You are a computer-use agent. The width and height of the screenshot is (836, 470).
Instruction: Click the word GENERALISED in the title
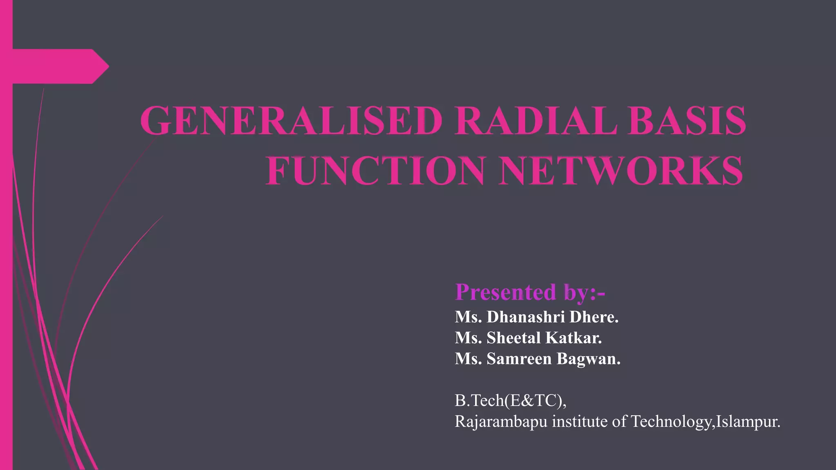[291, 121]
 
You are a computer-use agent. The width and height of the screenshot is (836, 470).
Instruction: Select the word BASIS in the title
[687, 121]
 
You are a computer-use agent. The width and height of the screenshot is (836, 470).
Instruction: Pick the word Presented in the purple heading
[505, 292]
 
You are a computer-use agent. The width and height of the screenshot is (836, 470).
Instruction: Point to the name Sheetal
[514, 338]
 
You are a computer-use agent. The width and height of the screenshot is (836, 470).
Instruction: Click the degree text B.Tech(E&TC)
[510, 401]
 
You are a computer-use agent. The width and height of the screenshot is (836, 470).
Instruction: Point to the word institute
[580, 421]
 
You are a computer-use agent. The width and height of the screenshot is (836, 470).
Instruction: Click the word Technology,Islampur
[705, 421]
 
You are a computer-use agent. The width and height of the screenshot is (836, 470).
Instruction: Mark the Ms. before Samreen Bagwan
[468, 359]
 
